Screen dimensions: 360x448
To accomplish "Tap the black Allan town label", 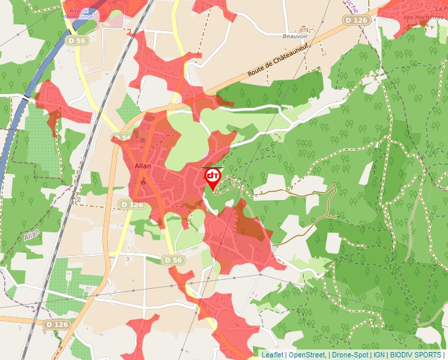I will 142,166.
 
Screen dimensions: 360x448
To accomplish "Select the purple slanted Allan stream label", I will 32,234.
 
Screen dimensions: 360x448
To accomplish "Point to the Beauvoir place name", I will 295,36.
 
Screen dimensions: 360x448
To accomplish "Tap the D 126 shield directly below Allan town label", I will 132,205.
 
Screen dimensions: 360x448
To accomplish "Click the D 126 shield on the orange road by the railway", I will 57,324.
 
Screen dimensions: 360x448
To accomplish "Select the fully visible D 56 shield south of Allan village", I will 173,260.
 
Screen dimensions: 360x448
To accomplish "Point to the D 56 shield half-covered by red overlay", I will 123,138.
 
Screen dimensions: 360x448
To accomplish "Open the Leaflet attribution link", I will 273,355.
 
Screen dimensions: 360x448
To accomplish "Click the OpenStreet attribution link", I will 307,355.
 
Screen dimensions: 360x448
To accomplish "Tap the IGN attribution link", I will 379,355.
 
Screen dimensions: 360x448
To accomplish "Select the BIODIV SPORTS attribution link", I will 416,355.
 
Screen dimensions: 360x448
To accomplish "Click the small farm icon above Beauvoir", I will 303,29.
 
